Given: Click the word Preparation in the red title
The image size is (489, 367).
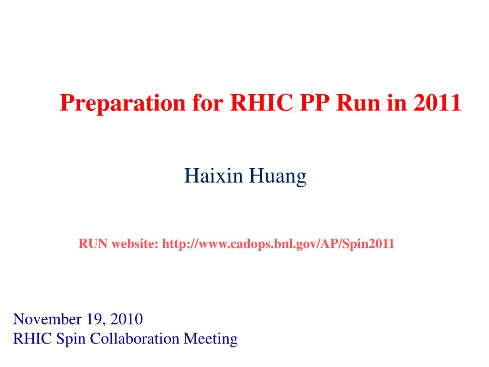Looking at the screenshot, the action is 123,103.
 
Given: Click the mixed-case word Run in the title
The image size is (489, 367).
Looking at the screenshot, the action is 358,103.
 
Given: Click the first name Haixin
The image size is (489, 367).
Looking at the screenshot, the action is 213,175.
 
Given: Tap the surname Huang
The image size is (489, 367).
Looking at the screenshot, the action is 277,177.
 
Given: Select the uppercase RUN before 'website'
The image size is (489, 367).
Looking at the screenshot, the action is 93,244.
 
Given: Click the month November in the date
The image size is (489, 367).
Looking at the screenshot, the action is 47,319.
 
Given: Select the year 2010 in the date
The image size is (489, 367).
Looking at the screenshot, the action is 127,319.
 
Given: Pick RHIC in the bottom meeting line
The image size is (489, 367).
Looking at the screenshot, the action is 32,339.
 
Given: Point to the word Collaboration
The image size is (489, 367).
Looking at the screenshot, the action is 135,339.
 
